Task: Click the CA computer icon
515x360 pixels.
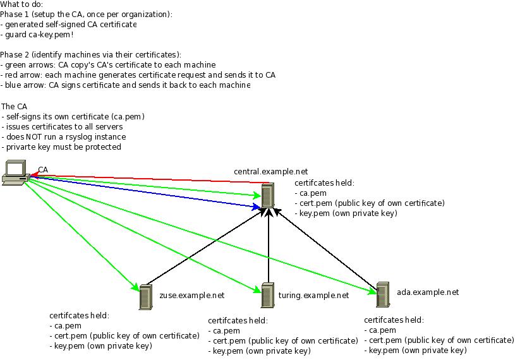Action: (15, 172)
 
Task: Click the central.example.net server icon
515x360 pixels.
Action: (268, 195)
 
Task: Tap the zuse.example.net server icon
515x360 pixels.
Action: (146, 297)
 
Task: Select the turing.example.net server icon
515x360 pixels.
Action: (268, 296)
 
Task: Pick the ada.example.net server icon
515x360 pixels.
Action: (382, 294)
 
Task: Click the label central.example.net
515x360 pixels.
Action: (270, 171)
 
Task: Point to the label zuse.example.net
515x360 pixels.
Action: (191, 295)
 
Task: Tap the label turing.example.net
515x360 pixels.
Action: (313, 295)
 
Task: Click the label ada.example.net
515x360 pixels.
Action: (427, 292)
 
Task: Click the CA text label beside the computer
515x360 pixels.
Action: (43, 170)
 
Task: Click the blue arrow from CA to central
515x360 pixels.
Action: (145, 192)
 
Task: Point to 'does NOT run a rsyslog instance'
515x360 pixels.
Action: (64, 136)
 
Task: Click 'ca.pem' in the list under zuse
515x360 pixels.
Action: (66, 326)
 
